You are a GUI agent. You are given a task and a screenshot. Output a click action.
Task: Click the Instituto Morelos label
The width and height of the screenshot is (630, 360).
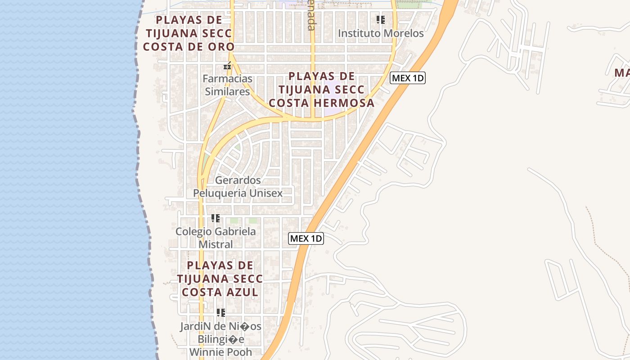[381, 33]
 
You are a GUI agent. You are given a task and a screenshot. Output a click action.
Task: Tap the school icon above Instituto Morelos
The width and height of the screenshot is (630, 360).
[381, 20]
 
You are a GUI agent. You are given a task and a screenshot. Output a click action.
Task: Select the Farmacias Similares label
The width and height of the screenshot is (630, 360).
[227, 85]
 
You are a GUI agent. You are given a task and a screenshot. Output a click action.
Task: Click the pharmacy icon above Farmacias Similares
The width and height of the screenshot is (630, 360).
[227, 66]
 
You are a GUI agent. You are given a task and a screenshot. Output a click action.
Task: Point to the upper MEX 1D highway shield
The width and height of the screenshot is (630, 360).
[407, 78]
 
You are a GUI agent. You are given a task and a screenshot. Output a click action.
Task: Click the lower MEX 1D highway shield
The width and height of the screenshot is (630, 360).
[306, 238]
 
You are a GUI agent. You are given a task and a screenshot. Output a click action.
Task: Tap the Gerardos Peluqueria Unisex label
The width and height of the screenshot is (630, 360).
[238, 187]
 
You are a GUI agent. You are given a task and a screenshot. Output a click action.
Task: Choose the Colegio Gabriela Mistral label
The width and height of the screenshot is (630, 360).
[216, 238]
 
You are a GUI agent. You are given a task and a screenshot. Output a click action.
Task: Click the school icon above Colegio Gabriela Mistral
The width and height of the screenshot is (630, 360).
[216, 219]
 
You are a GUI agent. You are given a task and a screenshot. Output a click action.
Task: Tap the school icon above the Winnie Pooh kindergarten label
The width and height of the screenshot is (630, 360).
[220, 312]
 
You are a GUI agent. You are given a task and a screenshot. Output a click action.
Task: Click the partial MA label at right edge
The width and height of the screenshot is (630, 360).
[622, 72]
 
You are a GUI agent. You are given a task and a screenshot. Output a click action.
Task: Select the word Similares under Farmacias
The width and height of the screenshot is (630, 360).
[227, 92]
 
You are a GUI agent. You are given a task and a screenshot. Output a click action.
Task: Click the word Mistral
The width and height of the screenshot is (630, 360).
[216, 245]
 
